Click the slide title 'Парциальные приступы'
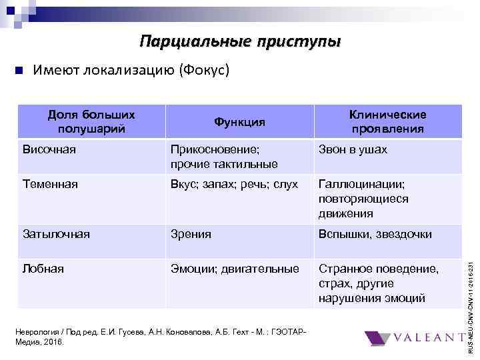coord(240,42)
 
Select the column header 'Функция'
coord(239,122)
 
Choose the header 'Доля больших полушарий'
coord(91,121)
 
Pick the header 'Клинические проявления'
coord(387,121)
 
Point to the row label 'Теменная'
coord(50,184)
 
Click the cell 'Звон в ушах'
coord(353,150)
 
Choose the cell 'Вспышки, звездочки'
coord(375,234)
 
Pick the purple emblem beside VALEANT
coord(380,339)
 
